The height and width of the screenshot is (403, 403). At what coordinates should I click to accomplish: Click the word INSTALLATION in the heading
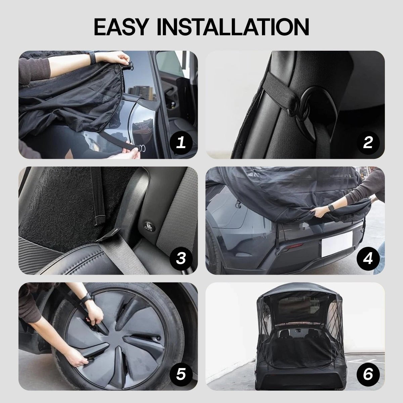tap(233, 27)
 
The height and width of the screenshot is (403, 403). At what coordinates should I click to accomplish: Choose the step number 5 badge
tap(181, 374)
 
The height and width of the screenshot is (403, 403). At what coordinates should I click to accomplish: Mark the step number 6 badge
tap(368, 374)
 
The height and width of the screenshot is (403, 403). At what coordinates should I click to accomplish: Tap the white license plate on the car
tap(337, 244)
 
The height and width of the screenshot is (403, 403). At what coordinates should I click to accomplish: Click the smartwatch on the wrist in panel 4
tap(331, 208)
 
